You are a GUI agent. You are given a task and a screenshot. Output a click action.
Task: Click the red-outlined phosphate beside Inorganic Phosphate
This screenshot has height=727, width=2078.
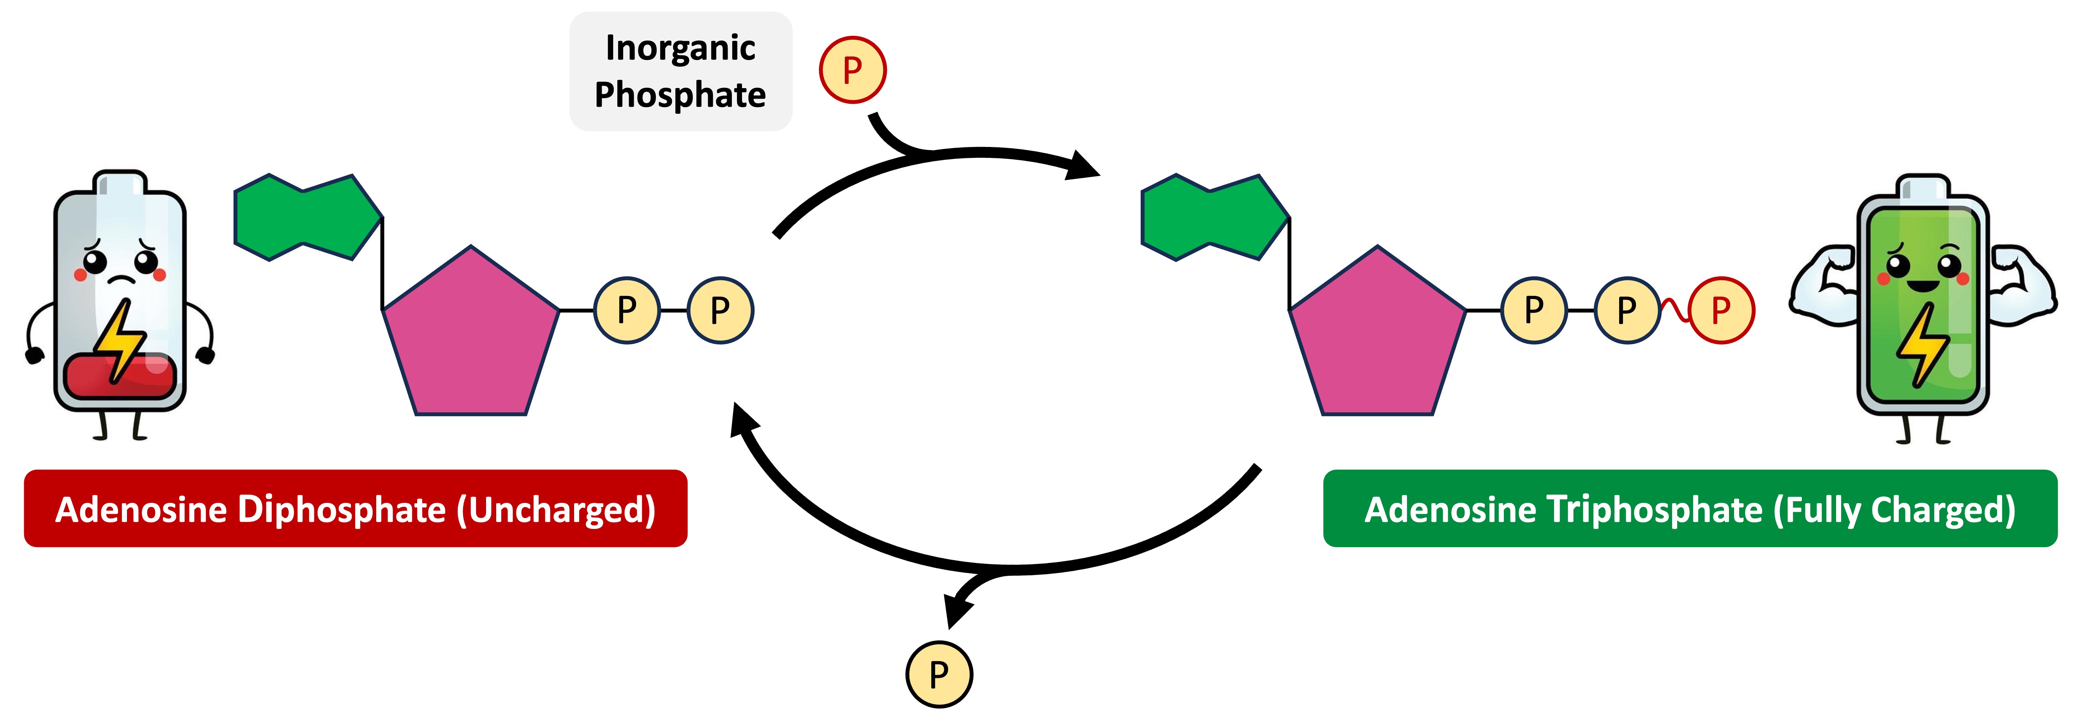pyautogui.click(x=853, y=70)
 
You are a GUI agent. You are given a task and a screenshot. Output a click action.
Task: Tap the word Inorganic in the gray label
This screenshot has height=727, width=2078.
pyautogui.click(x=680, y=48)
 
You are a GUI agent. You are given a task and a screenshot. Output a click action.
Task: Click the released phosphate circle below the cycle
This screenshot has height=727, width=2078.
pyautogui.click(x=939, y=674)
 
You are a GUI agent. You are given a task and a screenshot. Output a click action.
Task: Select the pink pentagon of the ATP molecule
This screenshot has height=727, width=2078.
pyautogui.click(x=1378, y=339)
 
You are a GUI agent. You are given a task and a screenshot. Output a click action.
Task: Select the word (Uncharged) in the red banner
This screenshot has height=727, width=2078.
pyautogui.click(x=557, y=510)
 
